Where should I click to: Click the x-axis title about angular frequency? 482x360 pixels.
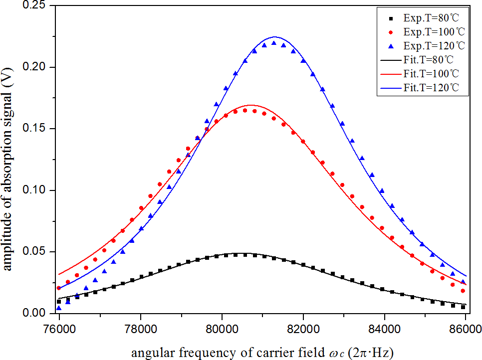(x=262, y=353)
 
